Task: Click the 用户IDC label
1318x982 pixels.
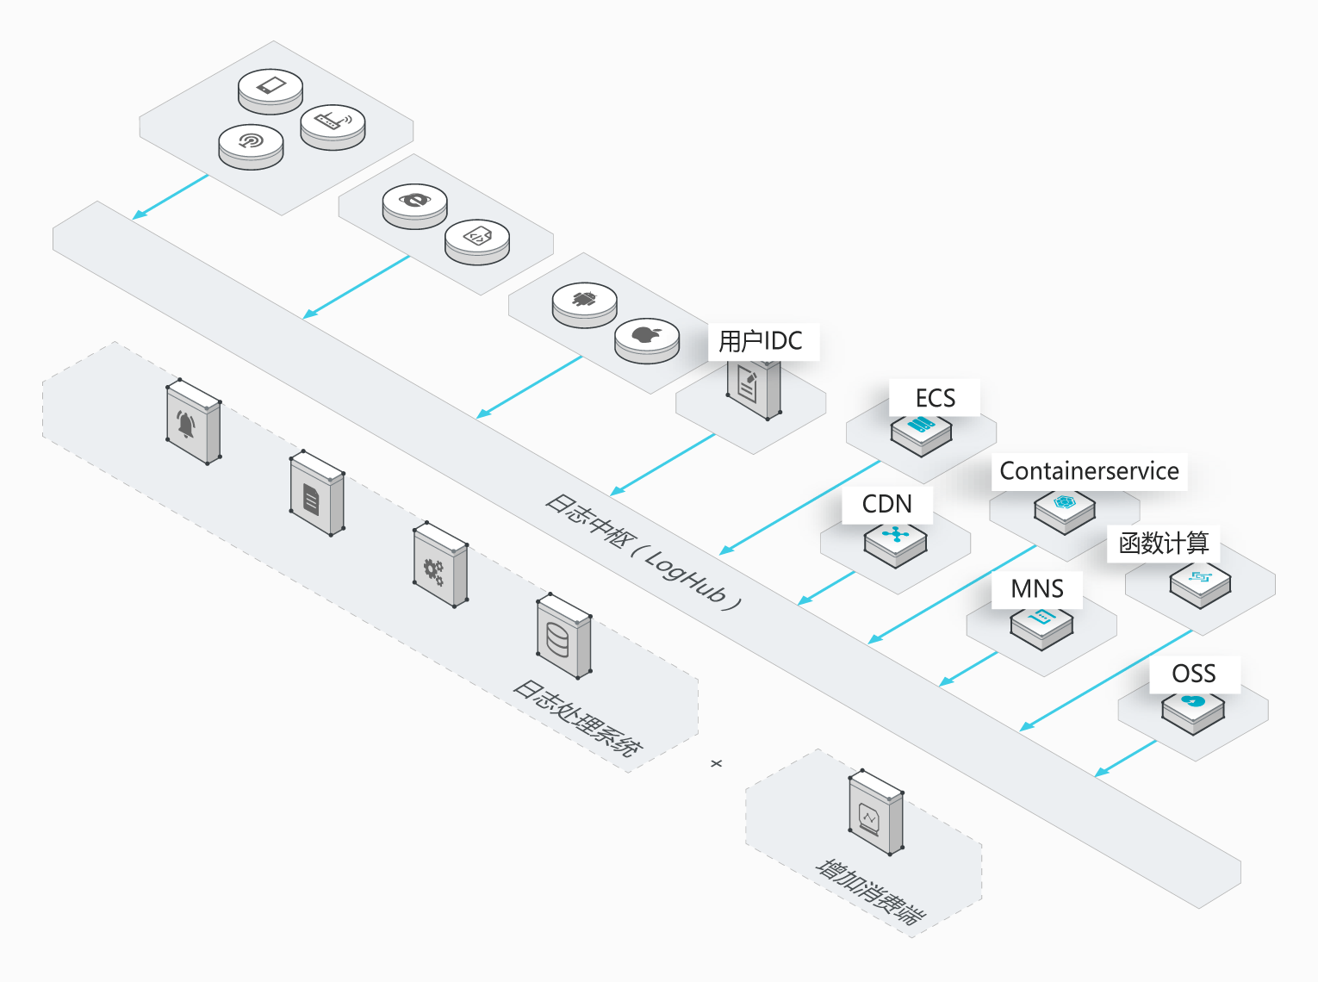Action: pyautogui.click(x=761, y=341)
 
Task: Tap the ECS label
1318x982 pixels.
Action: pyautogui.click(x=936, y=398)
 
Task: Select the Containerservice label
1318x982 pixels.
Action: pyautogui.click(x=1089, y=471)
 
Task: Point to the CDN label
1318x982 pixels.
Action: pyautogui.click(x=886, y=504)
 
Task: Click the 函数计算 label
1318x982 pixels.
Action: pyautogui.click(x=1164, y=544)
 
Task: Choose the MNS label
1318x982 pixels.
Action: pyautogui.click(x=1037, y=588)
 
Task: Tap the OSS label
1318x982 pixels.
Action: pyautogui.click(x=1194, y=674)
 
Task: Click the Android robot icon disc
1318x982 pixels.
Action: pyautogui.click(x=585, y=305)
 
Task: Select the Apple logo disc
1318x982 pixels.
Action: pyautogui.click(x=647, y=340)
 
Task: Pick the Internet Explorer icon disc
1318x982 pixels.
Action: pyautogui.click(x=414, y=206)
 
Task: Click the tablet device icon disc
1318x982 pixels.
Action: pyautogui.click(x=270, y=91)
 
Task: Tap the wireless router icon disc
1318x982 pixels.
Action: pyautogui.click(x=333, y=127)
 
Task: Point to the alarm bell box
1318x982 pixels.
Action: pyautogui.click(x=194, y=421)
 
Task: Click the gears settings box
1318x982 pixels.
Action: pyautogui.click(x=440, y=564)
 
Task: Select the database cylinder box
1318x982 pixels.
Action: pyautogui.click(x=564, y=636)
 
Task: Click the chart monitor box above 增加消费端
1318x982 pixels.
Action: pyautogui.click(x=876, y=812)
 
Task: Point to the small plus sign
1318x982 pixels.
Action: pyautogui.click(x=717, y=763)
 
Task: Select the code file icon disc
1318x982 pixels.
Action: pyautogui.click(x=477, y=242)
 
